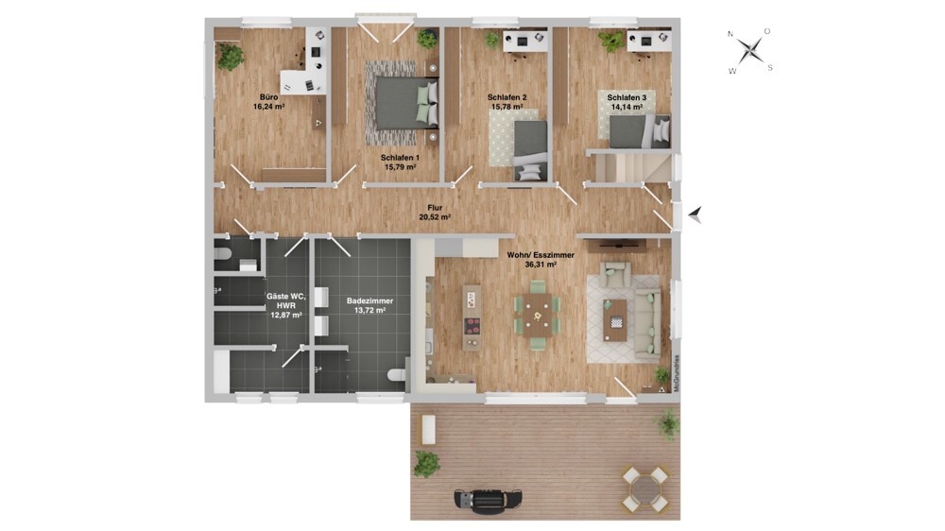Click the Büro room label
tap(268, 97)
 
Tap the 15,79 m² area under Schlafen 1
tap(400, 167)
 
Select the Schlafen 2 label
tap(507, 97)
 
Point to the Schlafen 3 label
tap(627, 97)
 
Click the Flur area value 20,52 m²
tap(435, 217)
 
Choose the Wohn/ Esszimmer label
tap(541, 255)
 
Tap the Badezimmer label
tap(369, 300)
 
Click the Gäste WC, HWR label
tap(286, 300)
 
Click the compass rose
tap(750, 50)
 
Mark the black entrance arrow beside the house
tap(696, 214)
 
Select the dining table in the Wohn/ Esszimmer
tap(537, 315)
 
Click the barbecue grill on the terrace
tap(488, 499)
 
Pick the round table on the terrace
tap(644, 488)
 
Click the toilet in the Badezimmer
tap(398, 375)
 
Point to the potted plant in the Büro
tap(231, 57)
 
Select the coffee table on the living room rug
tap(615, 320)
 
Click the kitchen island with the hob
tap(472, 317)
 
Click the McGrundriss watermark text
tap(677, 374)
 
